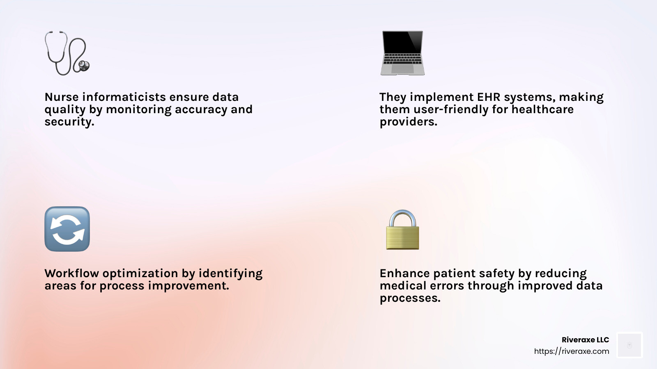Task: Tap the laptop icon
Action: [402, 53]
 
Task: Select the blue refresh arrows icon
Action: [67, 229]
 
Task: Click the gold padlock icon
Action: [402, 230]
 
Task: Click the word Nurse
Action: [62, 97]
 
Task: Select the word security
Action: [69, 122]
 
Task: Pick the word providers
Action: [408, 122]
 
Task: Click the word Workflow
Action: [72, 273]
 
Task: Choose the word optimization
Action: [140, 273]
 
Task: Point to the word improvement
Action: [188, 286]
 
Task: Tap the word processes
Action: [410, 298]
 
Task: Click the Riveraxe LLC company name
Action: [585, 340]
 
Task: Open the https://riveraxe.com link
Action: [571, 351]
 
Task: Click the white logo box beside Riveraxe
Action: [629, 345]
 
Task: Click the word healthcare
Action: [542, 109]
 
